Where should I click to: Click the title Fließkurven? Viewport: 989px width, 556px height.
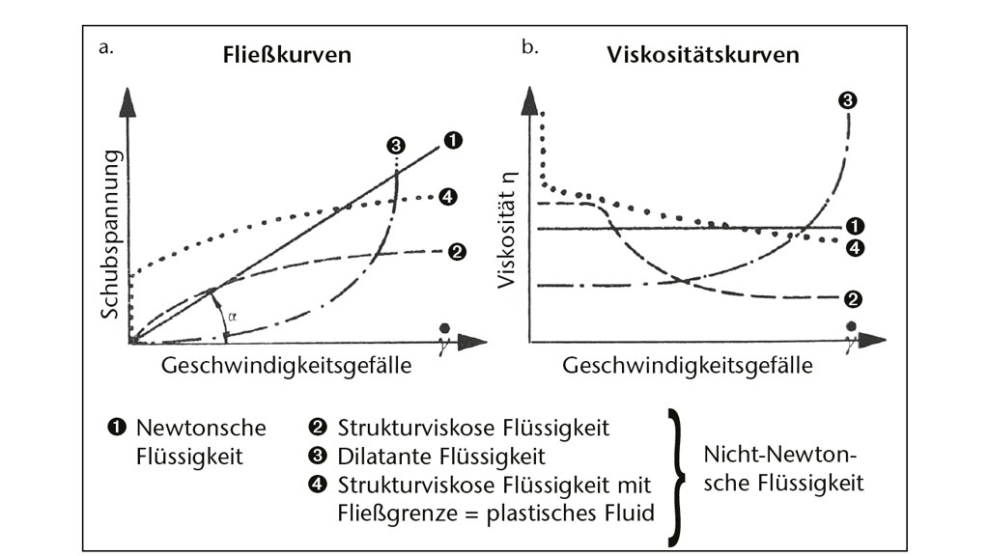click(282, 55)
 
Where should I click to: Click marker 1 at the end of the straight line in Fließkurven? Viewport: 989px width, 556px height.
click(452, 141)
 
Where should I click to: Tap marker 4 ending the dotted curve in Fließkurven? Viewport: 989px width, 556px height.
click(447, 197)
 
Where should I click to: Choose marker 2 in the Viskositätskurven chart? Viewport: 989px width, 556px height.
click(852, 298)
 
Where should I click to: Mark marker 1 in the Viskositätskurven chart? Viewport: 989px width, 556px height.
click(854, 228)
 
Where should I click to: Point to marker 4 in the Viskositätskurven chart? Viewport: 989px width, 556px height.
click(854, 248)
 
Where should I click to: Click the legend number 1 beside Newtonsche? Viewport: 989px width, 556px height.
click(121, 427)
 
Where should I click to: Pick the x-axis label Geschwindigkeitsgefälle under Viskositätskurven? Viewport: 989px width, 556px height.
click(687, 367)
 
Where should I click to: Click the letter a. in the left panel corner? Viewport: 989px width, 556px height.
click(105, 45)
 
